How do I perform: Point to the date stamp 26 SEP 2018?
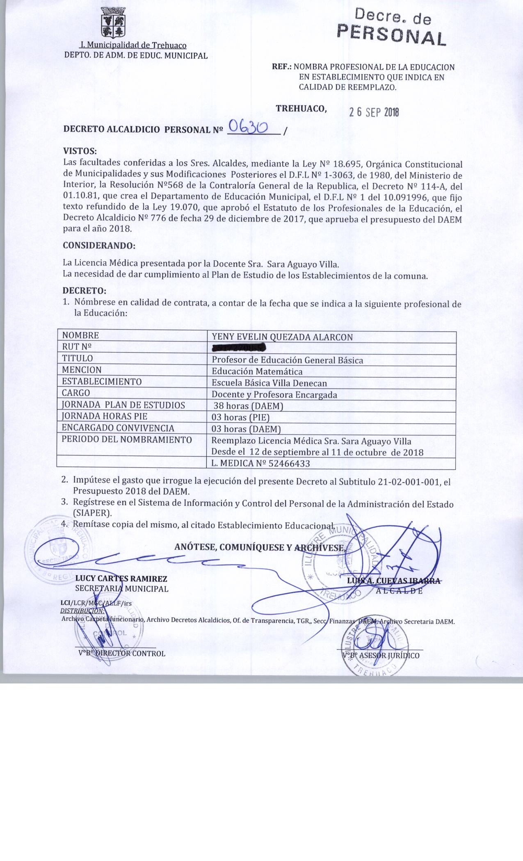tap(374, 112)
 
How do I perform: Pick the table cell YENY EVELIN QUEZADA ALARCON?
tap(282, 337)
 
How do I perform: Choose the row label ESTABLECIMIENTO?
tap(102, 382)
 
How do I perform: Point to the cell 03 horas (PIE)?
tap(240, 418)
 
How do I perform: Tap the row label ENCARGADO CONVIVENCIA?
tap(118, 428)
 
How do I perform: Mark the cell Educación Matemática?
tap(257, 371)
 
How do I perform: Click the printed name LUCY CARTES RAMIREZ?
tap(121, 579)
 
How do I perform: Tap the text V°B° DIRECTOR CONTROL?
tap(122, 654)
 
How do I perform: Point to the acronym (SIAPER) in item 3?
tap(92, 513)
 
